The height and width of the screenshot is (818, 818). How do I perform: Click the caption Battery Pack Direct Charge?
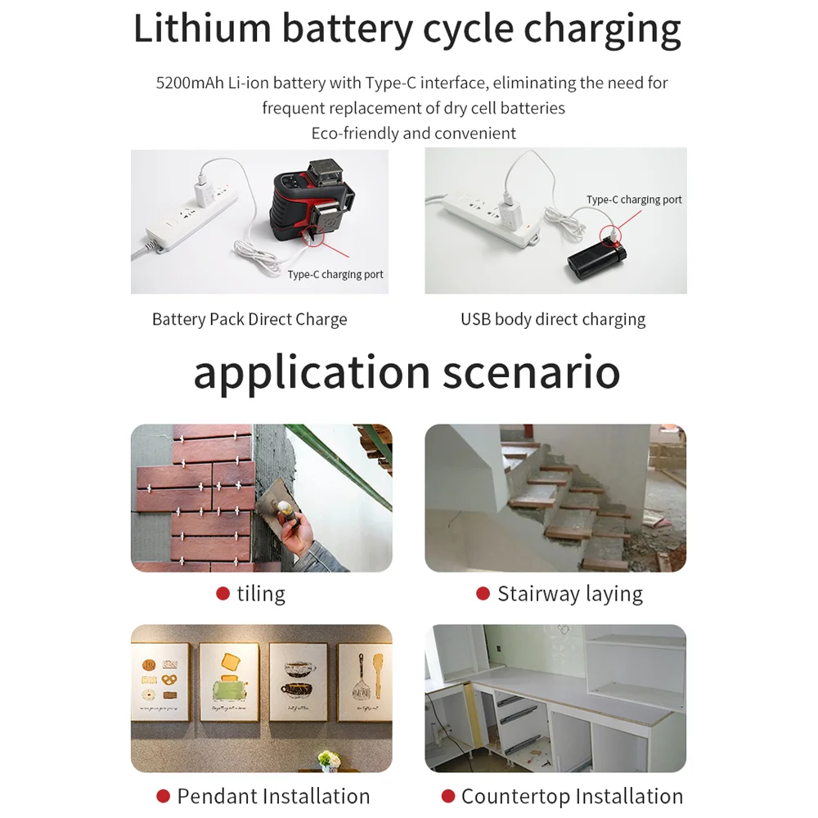click(x=249, y=319)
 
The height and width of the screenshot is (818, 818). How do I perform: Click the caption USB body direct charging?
click(x=553, y=319)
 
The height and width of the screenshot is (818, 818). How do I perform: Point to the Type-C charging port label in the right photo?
click(x=634, y=200)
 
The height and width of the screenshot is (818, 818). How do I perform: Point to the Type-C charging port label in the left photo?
click(x=335, y=275)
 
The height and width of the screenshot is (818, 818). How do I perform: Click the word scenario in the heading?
click(x=532, y=372)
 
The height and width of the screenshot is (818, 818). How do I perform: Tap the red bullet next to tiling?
click(x=222, y=594)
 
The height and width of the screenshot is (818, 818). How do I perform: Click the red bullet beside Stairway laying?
click(x=483, y=594)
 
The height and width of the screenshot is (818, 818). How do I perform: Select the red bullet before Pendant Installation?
click(x=163, y=796)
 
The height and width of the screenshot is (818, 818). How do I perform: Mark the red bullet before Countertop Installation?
click(x=447, y=796)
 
